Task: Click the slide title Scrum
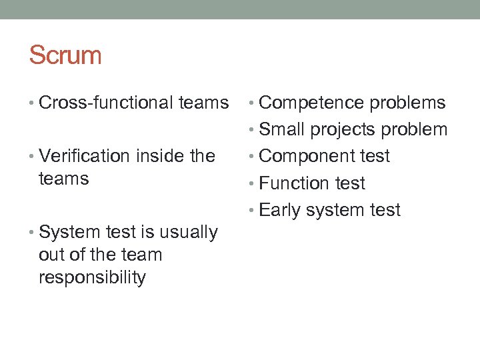click(65, 55)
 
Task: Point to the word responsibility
click(92, 278)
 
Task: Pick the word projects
click(344, 130)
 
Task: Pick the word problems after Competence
click(407, 103)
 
